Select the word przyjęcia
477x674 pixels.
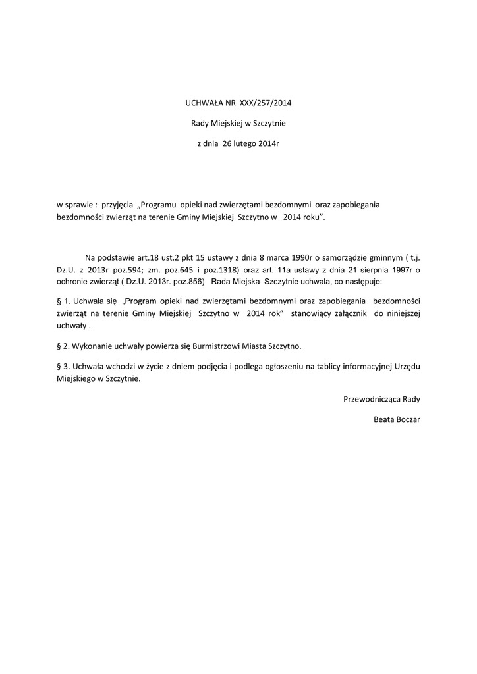click(x=117, y=205)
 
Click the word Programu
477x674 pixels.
click(x=161, y=205)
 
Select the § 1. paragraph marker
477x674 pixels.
click(x=63, y=299)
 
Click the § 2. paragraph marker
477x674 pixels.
click(x=63, y=345)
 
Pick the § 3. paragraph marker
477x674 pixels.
click(x=63, y=366)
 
